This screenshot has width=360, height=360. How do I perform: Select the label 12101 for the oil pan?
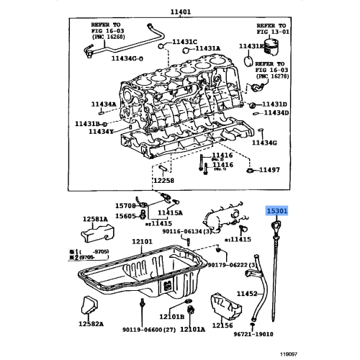142,242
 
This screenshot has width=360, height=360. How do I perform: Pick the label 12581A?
94,219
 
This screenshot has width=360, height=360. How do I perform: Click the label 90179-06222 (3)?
236,266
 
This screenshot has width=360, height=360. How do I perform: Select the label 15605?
127,215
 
